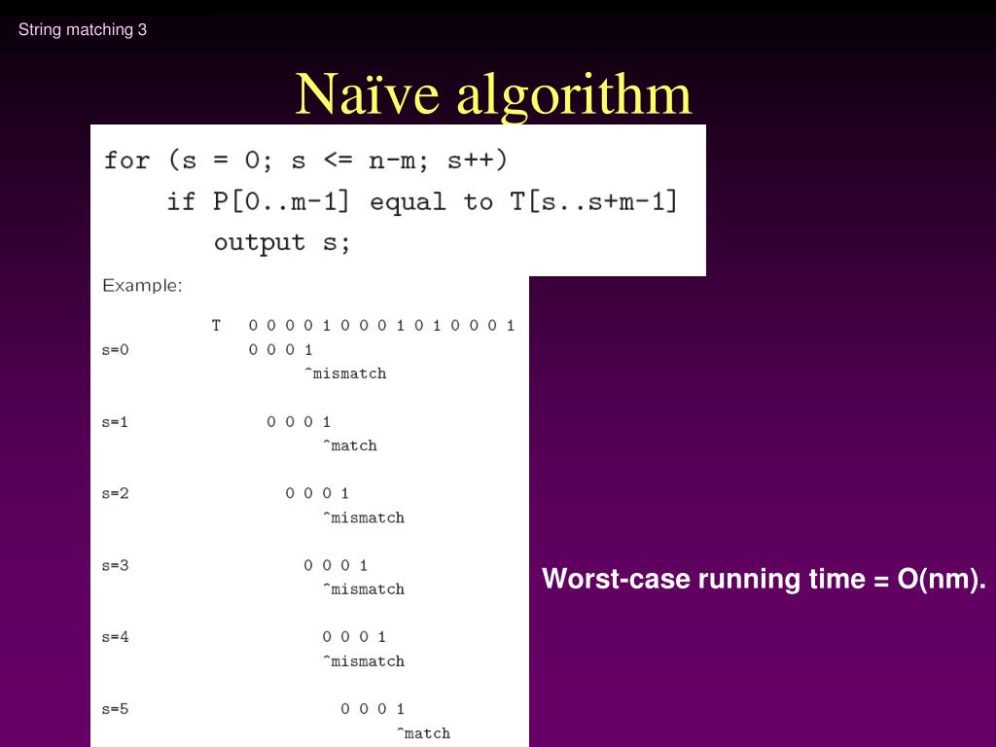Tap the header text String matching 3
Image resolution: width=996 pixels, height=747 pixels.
[x=83, y=29]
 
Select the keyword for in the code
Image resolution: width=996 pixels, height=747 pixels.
[x=126, y=160]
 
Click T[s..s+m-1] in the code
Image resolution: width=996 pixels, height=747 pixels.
[x=593, y=201]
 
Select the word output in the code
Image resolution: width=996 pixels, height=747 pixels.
[x=259, y=242]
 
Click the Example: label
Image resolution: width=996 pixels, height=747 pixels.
[x=142, y=286]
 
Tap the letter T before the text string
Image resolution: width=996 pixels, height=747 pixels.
[x=216, y=325]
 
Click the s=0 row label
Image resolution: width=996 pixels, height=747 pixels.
[x=115, y=349]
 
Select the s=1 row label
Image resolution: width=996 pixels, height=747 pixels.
[x=115, y=421]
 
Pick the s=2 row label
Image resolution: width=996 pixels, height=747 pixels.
[x=115, y=493]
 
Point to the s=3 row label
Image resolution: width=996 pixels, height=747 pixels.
[x=115, y=565]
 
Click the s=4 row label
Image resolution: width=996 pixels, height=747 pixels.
[x=115, y=637]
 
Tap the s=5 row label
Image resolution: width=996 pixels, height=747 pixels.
[x=115, y=709]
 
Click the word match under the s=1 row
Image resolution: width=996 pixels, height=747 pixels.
[x=353, y=445]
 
